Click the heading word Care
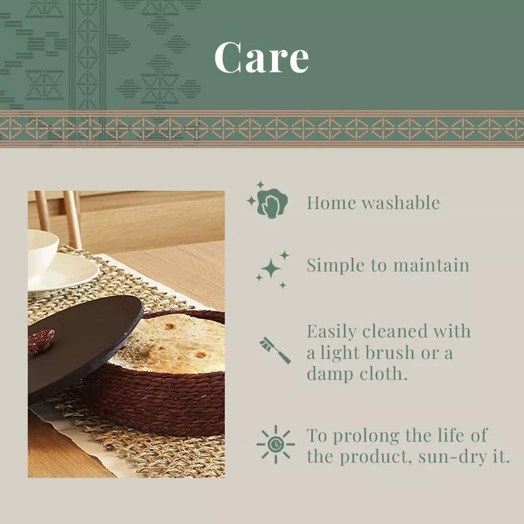pyautogui.click(x=261, y=57)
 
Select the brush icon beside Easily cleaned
pyautogui.click(x=275, y=350)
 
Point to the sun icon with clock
pyautogui.click(x=276, y=444)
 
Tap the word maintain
pyautogui.click(x=431, y=265)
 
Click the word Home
pyautogui.click(x=331, y=203)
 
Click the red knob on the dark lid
pyautogui.click(x=41, y=341)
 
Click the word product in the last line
pyautogui.click(x=375, y=457)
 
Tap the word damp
pyautogui.click(x=330, y=374)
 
